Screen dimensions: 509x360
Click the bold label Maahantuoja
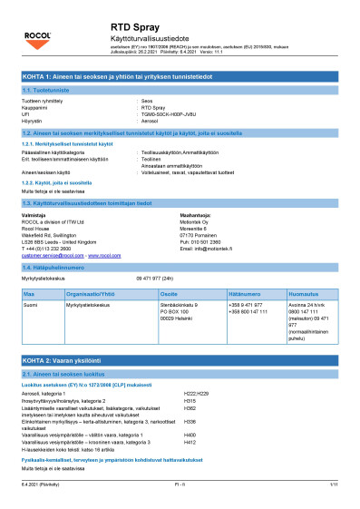201,214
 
